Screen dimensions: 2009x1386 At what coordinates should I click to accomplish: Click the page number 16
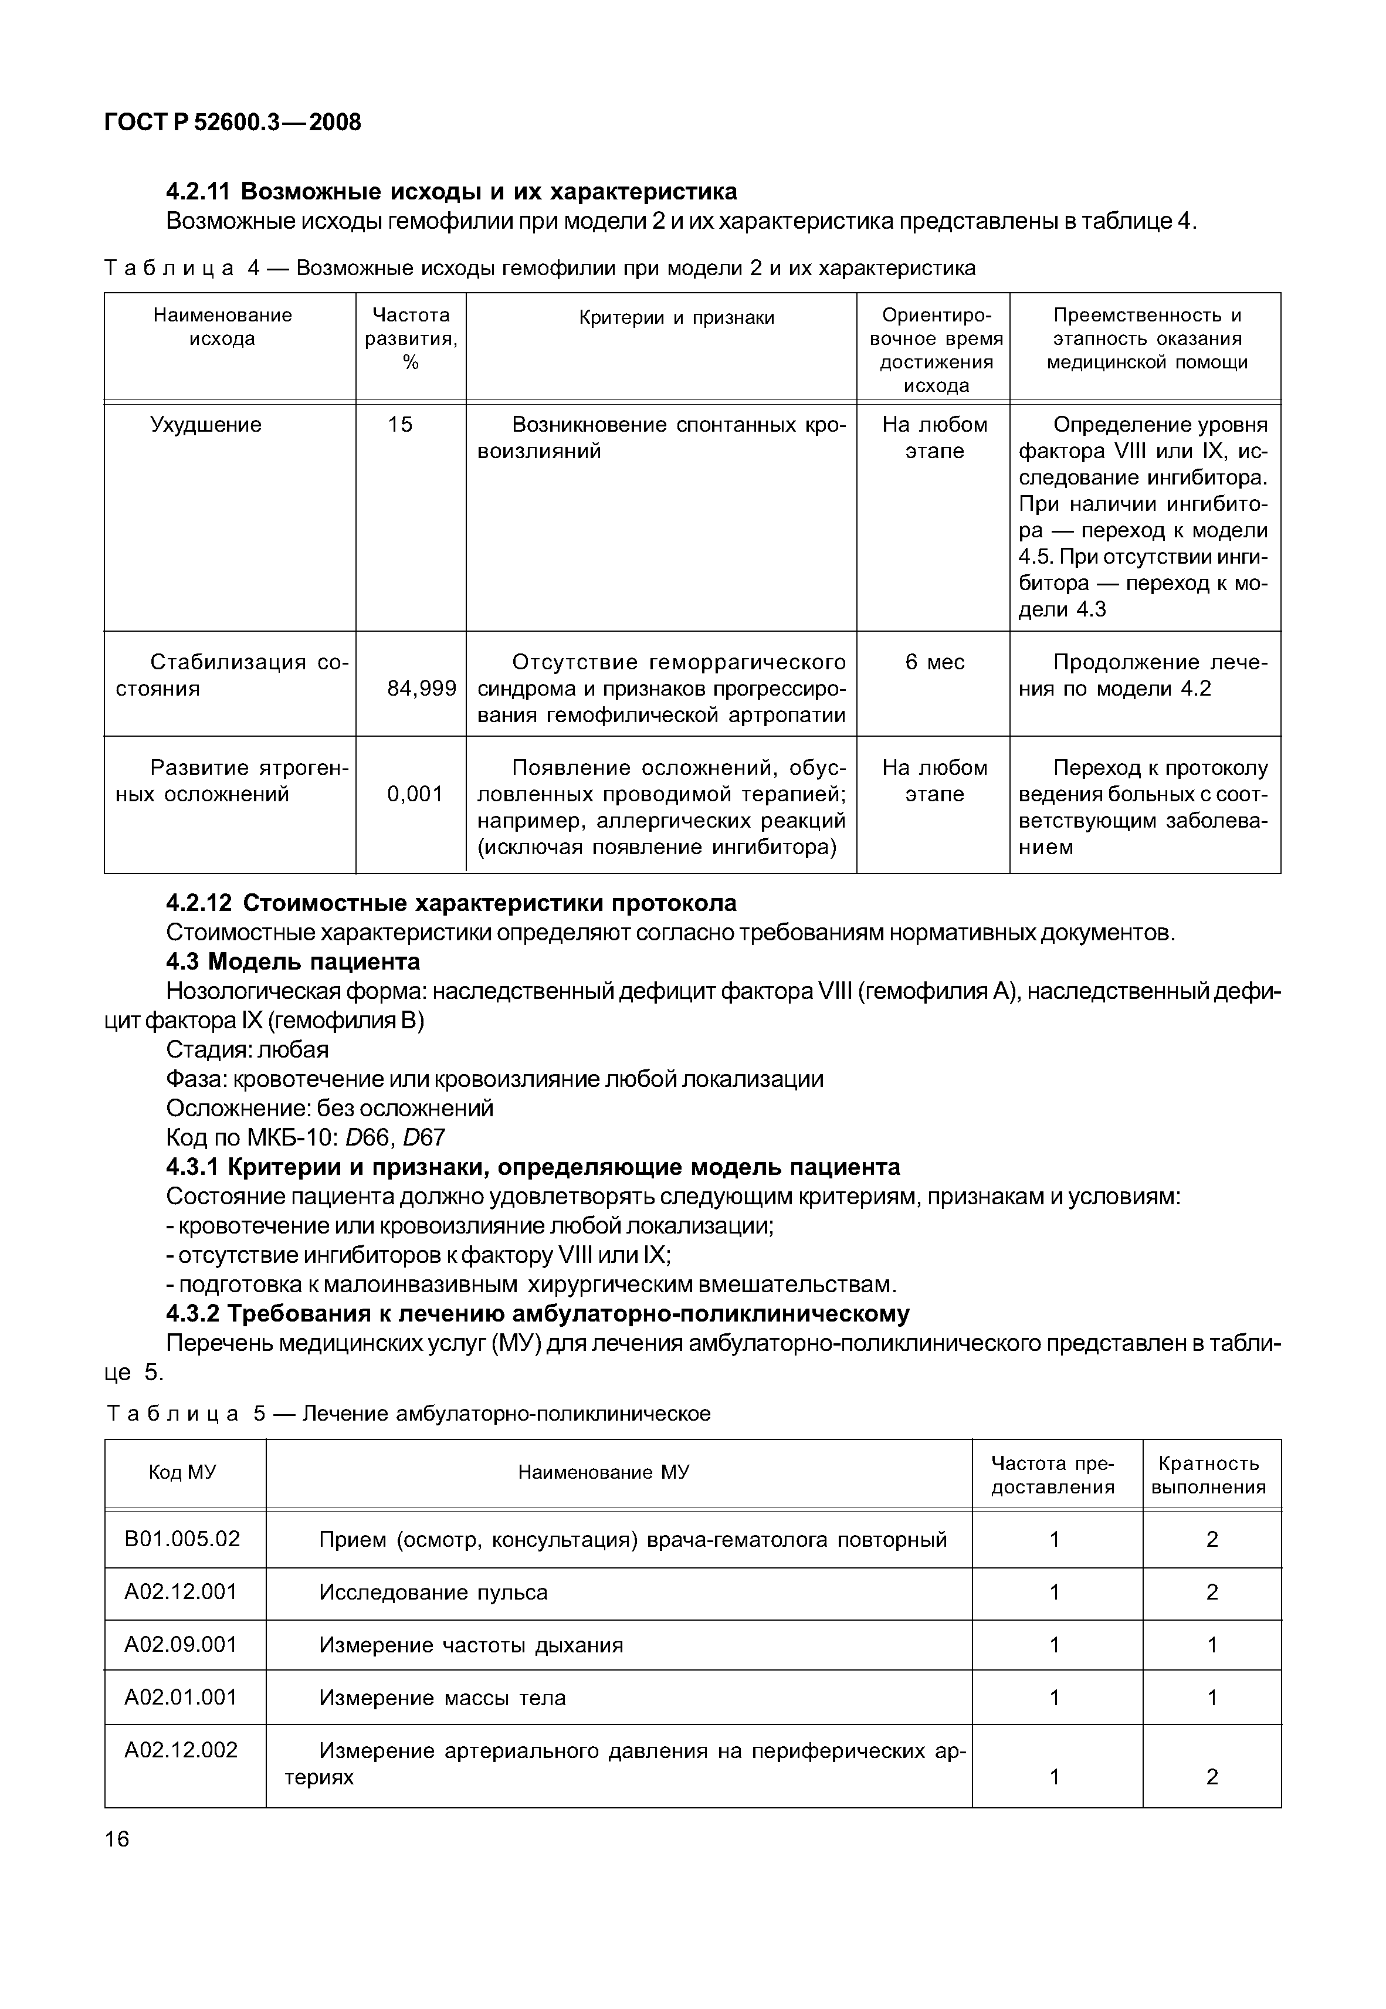[x=116, y=1839]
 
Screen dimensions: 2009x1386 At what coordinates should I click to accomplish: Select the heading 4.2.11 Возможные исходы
[x=452, y=191]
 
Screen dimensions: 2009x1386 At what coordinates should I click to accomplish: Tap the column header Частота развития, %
[x=411, y=338]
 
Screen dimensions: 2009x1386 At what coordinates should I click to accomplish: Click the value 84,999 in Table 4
[x=421, y=689]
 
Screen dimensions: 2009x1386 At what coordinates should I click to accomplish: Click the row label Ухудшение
[x=206, y=425]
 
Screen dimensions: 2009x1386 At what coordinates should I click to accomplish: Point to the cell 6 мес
[x=934, y=662]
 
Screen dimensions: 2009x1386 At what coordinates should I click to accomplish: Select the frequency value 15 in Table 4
[x=401, y=425]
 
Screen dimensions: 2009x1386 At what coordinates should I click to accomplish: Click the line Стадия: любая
[x=248, y=1049]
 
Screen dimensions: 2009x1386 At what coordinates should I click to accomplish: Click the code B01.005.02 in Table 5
[x=182, y=1539]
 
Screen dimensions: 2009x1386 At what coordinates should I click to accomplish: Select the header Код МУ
[x=182, y=1472]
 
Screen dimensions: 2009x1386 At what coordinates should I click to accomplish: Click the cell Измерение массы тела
[x=442, y=1698]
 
